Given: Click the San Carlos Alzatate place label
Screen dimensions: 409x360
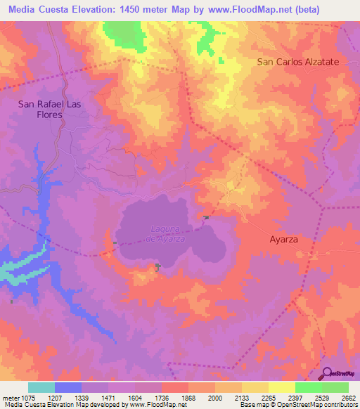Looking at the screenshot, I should point(298,62).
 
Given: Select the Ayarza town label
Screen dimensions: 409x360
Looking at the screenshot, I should point(284,239).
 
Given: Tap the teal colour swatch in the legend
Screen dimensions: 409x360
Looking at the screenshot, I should point(41,387).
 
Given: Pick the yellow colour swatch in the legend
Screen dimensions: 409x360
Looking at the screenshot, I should point(282,387).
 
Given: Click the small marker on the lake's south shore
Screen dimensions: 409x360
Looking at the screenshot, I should point(157,266).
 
